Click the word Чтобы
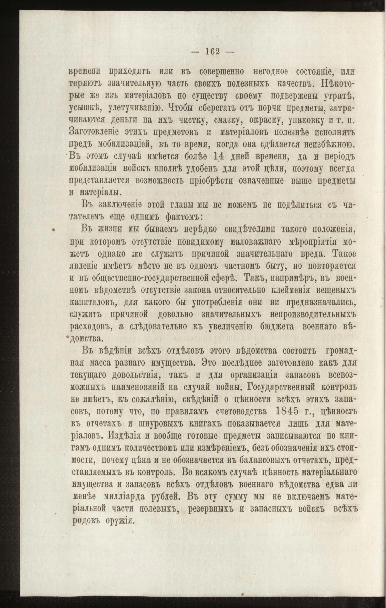pyautogui.click(x=177, y=109)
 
